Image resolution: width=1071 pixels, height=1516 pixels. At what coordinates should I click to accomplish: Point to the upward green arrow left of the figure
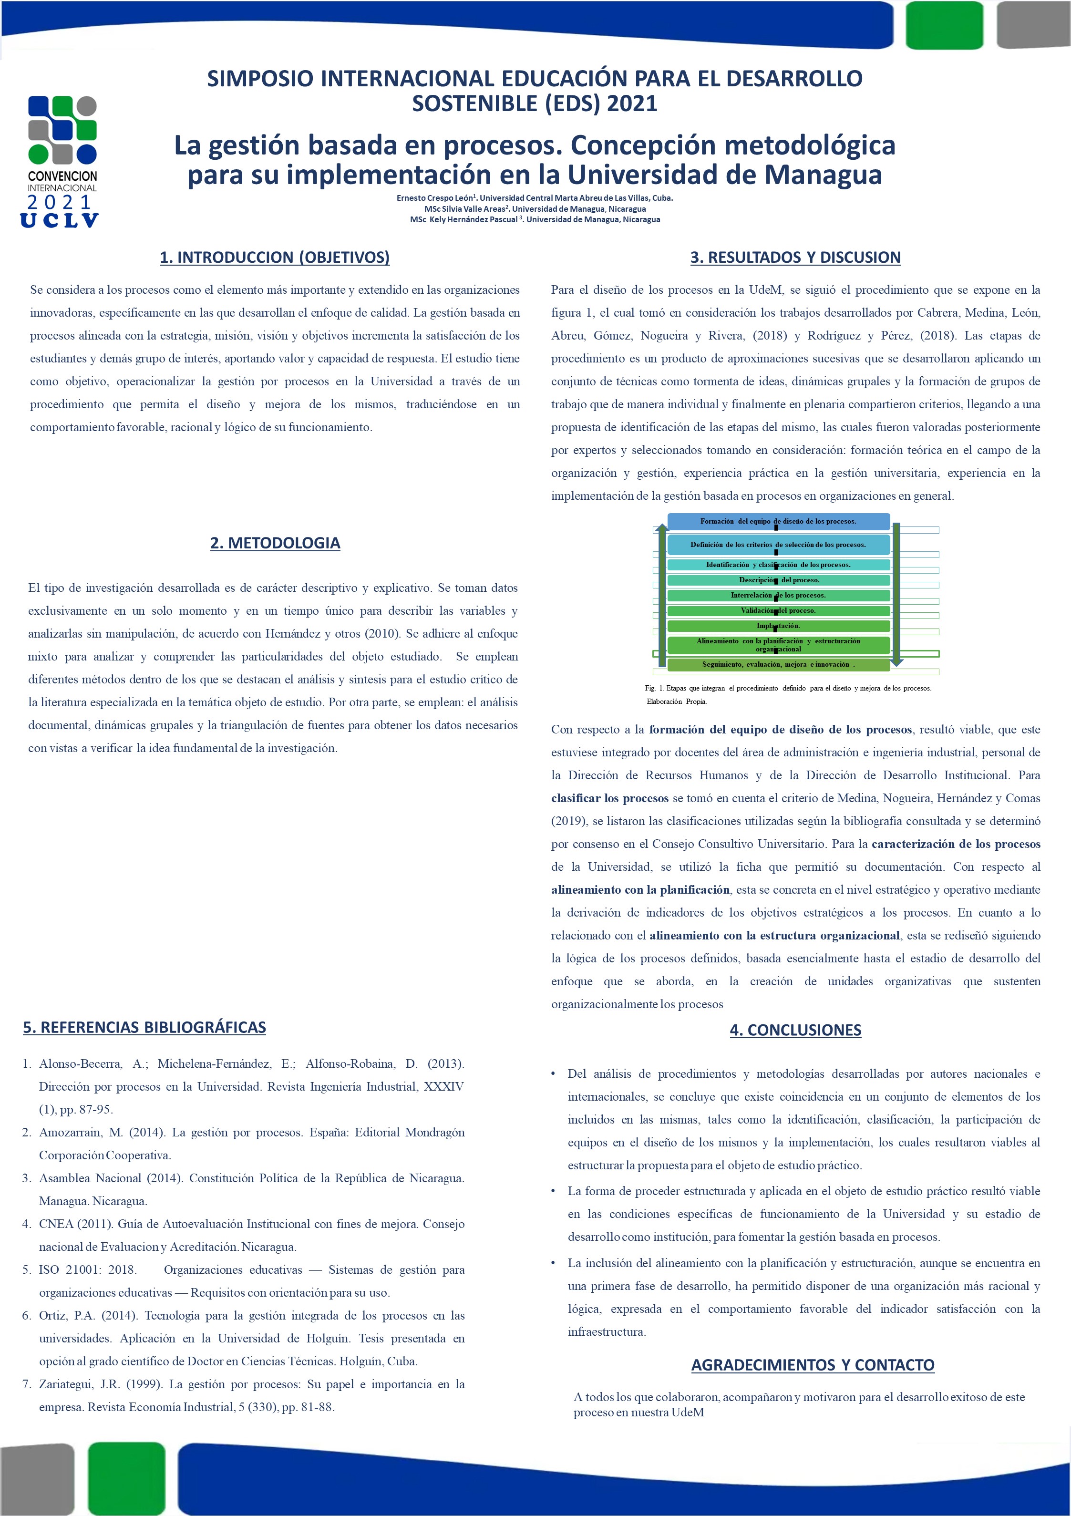pos(662,594)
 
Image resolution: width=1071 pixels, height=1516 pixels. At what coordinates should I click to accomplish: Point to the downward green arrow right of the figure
pos(896,594)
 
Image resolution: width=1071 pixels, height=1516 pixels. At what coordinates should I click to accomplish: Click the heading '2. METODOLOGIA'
pos(275,543)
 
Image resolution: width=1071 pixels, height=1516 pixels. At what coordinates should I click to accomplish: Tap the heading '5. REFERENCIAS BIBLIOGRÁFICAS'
pos(144,1027)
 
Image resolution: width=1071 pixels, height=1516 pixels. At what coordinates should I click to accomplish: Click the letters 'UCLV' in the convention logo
pos(60,220)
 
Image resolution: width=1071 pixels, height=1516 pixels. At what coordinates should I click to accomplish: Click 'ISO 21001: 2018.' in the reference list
pos(88,1270)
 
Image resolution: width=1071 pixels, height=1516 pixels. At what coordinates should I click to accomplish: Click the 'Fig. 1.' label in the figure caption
pos(654,688)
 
